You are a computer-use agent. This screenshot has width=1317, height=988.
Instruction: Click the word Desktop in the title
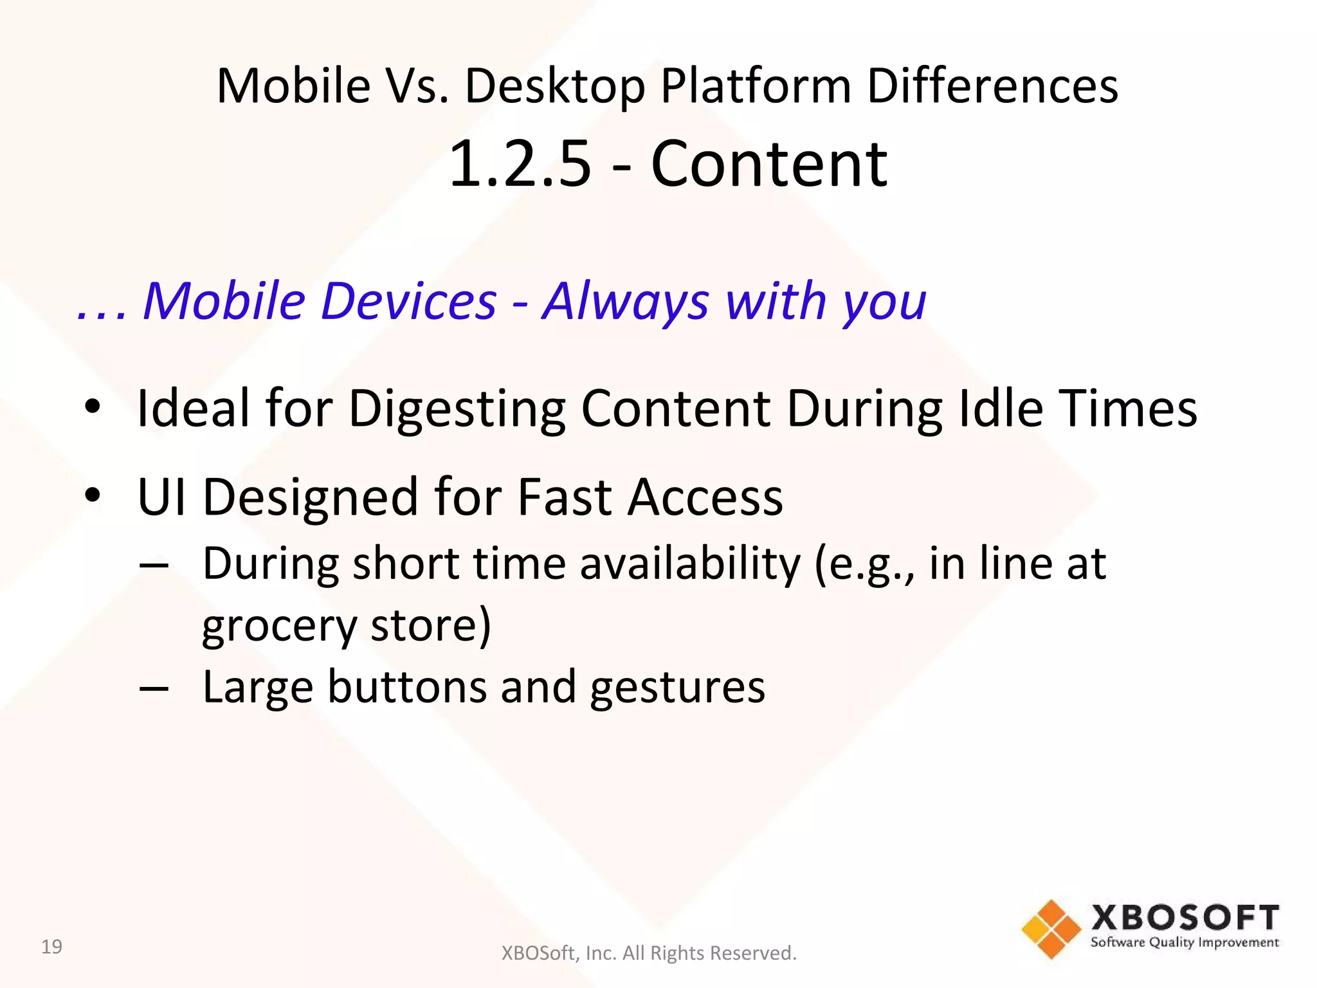tap(554, 87)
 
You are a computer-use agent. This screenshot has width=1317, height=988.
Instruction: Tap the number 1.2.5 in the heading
tap(519, 165)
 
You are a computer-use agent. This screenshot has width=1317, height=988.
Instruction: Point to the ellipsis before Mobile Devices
tap(102, 314)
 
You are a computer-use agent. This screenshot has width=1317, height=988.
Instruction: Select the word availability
tap(691, 563)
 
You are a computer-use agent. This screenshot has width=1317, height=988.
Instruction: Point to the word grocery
tap(279, 627)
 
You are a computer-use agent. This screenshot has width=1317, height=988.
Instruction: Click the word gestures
tap(678, 688)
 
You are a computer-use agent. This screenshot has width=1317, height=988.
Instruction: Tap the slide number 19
tap(51, 947)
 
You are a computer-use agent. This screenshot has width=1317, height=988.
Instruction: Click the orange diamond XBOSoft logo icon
tap(1051, 929)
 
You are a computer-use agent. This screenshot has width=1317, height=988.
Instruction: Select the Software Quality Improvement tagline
tap(1185, 943)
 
